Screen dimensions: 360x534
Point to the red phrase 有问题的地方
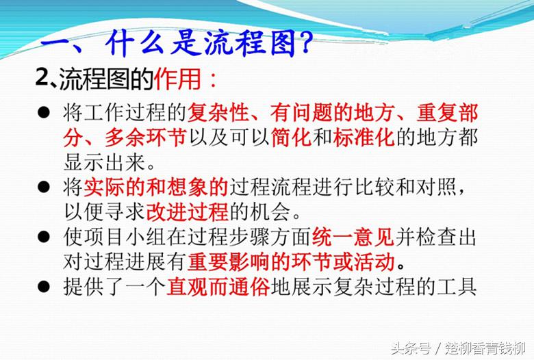coord(333,112)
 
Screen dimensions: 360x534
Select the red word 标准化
coord(364,138)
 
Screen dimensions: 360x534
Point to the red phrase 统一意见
coord(353,237)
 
